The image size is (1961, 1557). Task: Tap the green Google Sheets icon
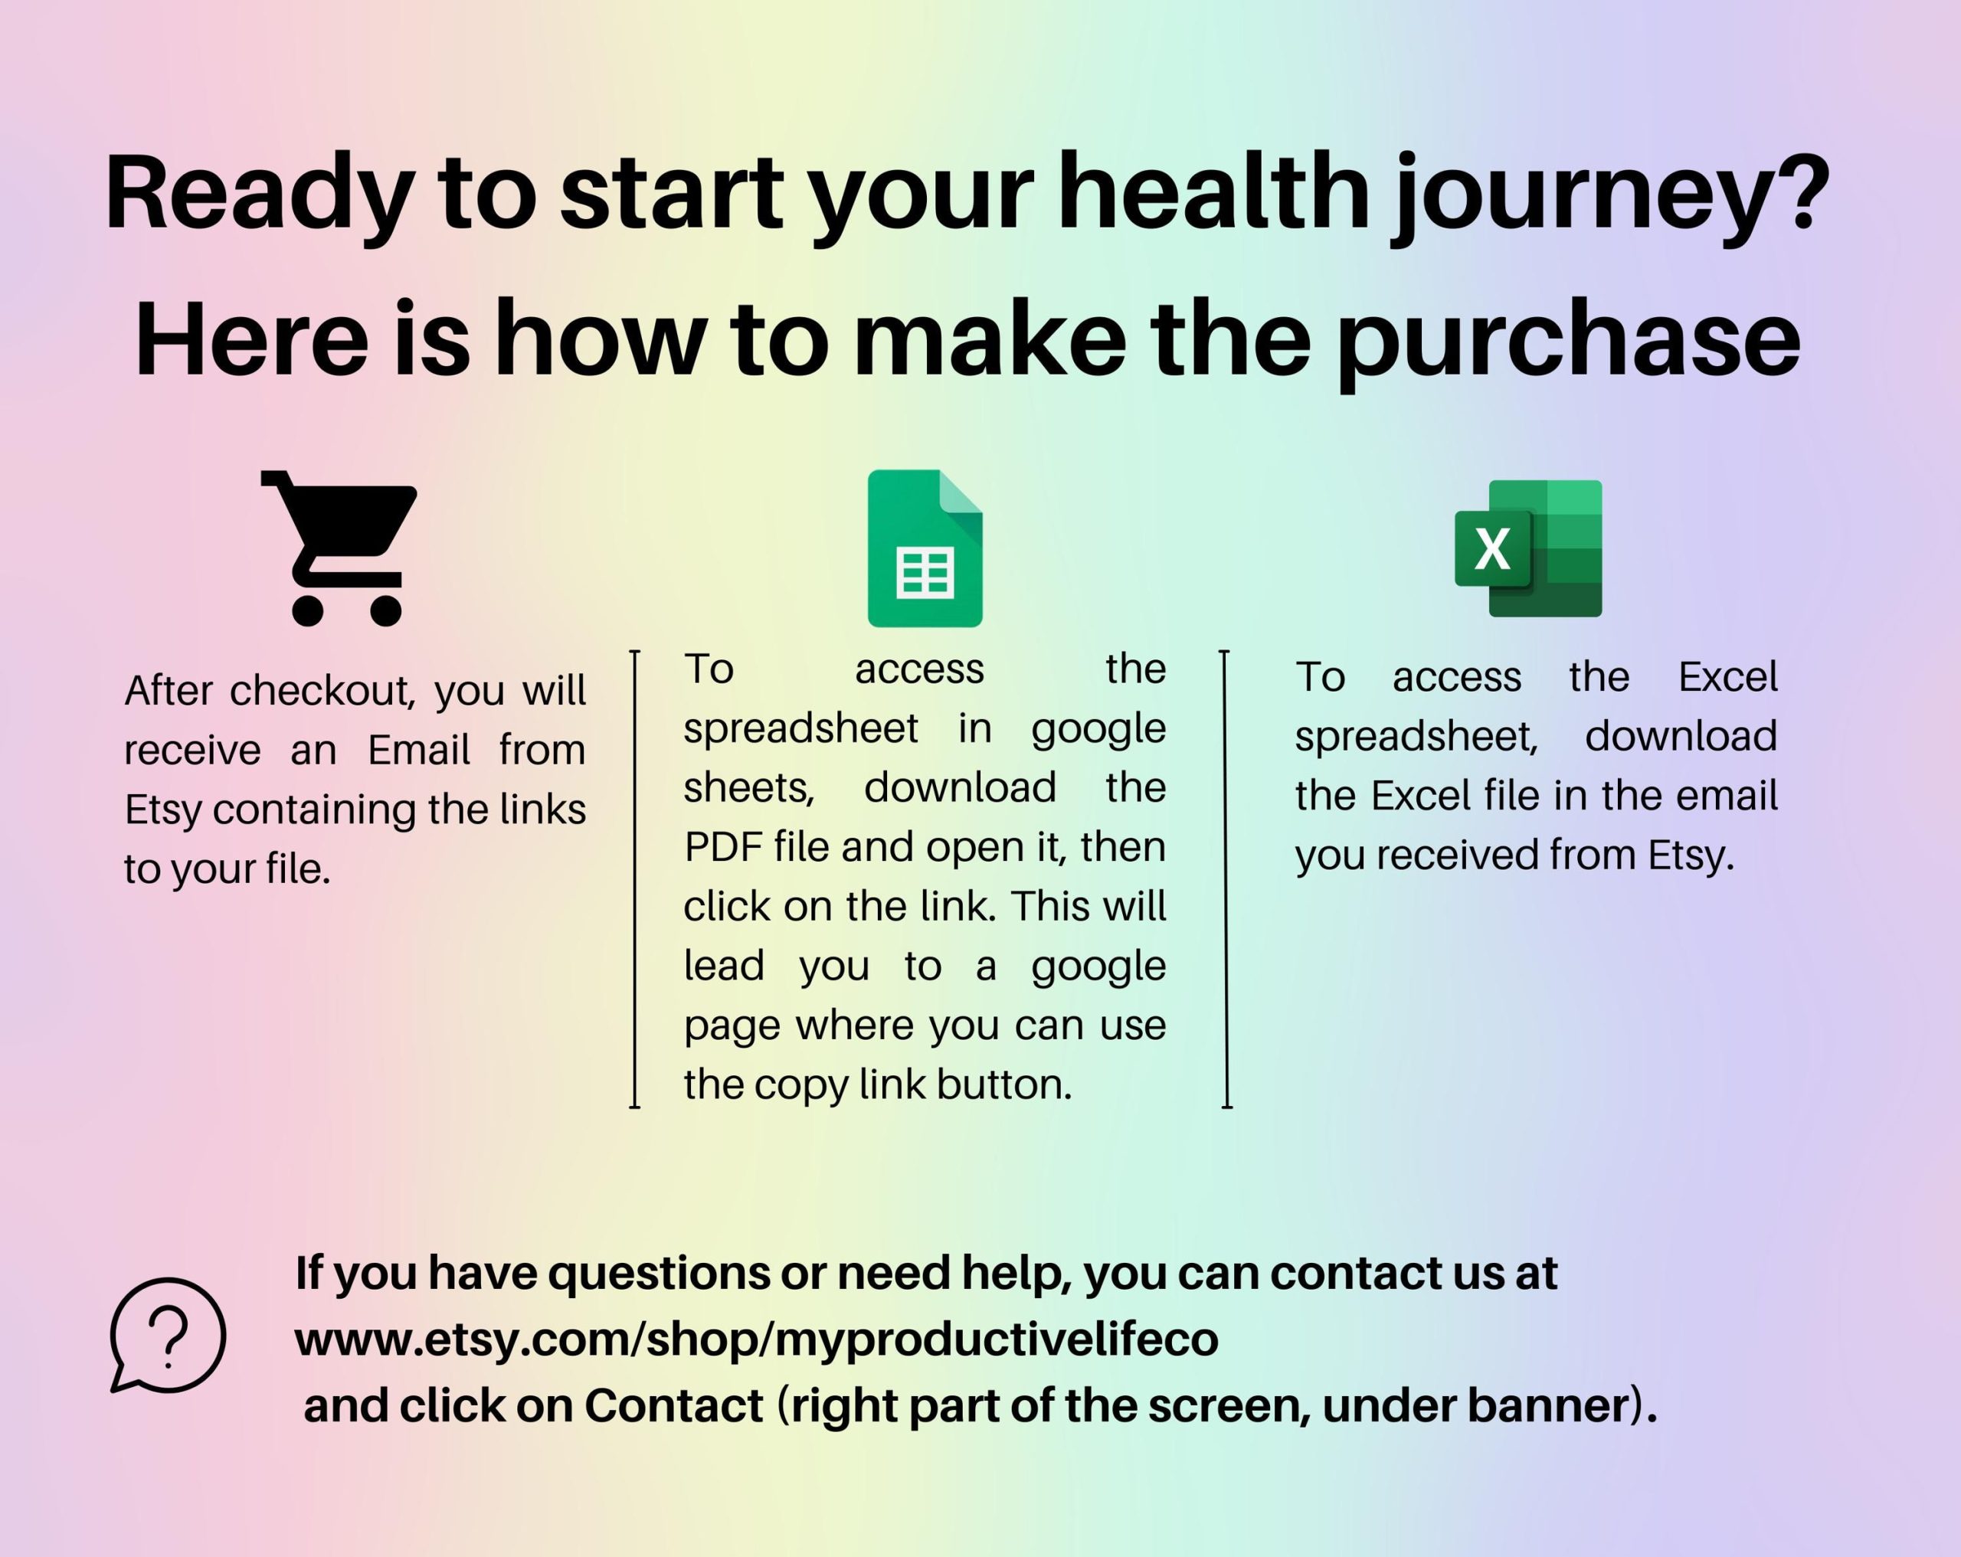tap(925, 548)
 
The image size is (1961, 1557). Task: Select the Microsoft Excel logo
tap(1528, 548)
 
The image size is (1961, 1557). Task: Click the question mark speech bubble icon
tap(167, 1335)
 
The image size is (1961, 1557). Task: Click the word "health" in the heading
tap(1213, 193)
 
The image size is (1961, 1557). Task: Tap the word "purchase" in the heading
tap(1569, 342)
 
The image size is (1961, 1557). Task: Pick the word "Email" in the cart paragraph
tap(419, 749)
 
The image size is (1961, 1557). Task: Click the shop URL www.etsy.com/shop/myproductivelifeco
tap(757, 1339)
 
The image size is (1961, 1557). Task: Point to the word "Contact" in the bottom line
tap(673, 1405)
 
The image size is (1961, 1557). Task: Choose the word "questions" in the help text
tap(659, 1273)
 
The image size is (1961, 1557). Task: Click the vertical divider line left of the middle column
tap(635, 878)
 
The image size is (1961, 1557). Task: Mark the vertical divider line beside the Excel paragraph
tap(1226, 878)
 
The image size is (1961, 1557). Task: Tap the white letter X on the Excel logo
tap(1491, 548)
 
